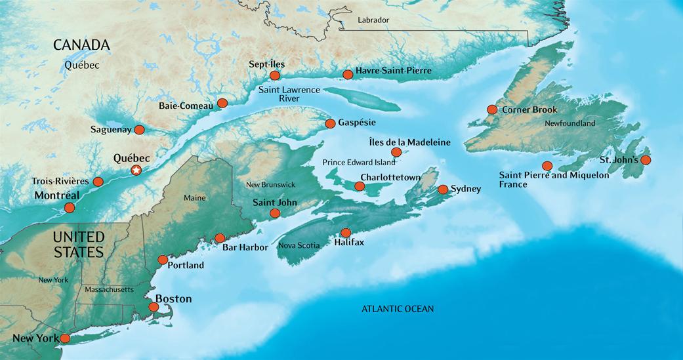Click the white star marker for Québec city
136,170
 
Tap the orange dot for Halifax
346,233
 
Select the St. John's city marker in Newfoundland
646,160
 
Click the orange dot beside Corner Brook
491,110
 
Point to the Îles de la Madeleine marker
396,153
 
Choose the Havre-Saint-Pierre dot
348,75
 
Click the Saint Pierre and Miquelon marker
547,166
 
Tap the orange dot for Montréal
69,208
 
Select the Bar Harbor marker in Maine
220,238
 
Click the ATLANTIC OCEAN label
398,309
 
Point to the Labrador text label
373,20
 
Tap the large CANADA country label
81,45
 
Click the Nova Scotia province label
299,245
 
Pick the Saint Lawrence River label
289,93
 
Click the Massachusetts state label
109,289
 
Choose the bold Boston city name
173,299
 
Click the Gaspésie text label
357,123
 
